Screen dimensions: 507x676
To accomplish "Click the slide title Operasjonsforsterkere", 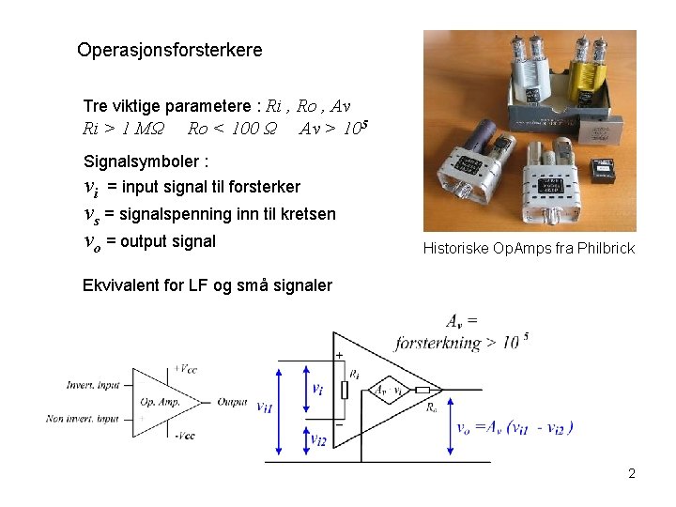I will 170,50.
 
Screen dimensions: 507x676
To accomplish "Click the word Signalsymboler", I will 142,161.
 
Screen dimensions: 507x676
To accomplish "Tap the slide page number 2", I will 632,473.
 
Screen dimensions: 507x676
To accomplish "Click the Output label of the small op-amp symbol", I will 232,402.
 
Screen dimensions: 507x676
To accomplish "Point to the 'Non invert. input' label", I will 83,419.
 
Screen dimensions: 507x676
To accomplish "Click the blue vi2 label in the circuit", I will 318,439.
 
